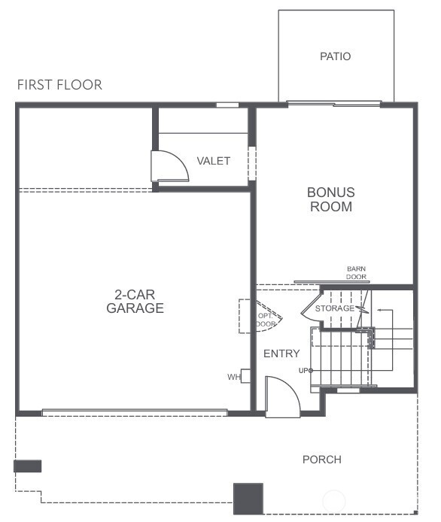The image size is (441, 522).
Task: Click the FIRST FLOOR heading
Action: (x=59, y=85)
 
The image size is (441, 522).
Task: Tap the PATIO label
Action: (x=336, y=56)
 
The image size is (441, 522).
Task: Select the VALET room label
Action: (x=214, y=161)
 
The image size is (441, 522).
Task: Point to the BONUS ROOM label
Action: (x=331, y=199)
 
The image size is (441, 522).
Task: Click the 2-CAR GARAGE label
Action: (x=135, y=302)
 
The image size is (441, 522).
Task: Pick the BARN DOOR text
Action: (x=356, y=273)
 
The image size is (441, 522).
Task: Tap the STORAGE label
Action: (x=334, y=308)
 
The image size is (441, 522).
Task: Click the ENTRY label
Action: (x=281, y=354)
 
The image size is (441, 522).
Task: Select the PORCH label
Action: (x=322, y=460)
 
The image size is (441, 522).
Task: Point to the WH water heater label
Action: (x=233, y=377)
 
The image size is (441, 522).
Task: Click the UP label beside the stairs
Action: (x=303, y=370)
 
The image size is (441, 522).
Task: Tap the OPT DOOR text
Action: (x=265, y=319)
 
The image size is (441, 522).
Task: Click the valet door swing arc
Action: (x=171, y=165)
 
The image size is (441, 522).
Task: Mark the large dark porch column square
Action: (x=248, y=499)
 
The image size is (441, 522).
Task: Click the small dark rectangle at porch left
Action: (x=27, y=466)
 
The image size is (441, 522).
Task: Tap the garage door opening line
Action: (x=135, y=412)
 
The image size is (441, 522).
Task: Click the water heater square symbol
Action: (x=245, y=376)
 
